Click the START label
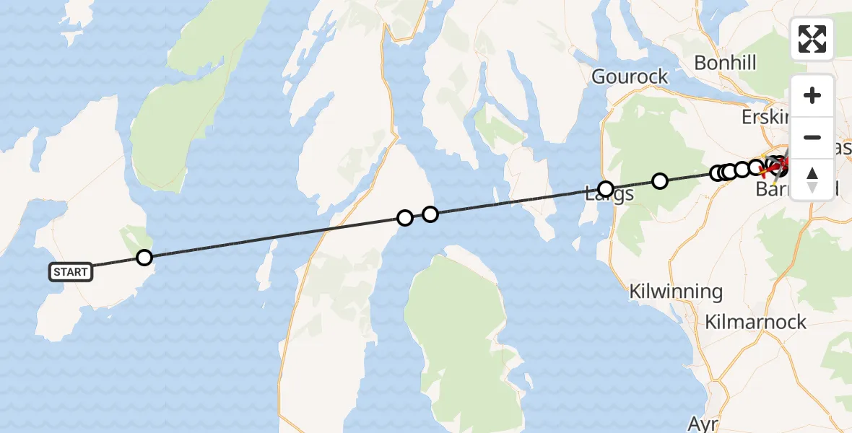71,272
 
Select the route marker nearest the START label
144,257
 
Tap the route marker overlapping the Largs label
606,188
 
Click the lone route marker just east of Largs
659,180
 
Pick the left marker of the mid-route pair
405,217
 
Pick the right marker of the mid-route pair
430,214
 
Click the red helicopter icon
778,168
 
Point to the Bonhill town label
725,63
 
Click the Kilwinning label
676,292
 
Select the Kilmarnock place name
756,322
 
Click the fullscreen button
812,39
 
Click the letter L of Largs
589,194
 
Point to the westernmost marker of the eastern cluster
717,172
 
